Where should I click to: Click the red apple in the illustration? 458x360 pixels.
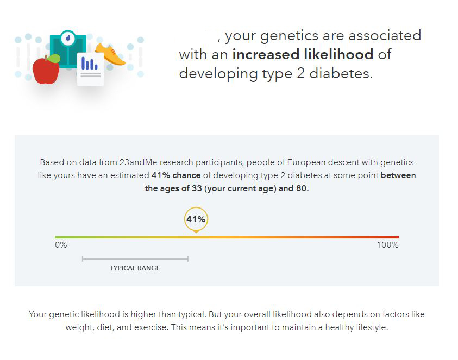point(46,71)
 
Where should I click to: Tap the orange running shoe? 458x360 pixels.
point(110,54)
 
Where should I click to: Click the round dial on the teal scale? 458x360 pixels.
point(68,38)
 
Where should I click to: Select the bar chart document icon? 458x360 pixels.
point(91,69)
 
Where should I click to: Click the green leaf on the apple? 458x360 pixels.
point(53,59)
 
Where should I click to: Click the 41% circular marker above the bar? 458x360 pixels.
point(196,219)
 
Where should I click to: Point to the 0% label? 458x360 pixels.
point(61,245)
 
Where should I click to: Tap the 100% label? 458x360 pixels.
point(387,245)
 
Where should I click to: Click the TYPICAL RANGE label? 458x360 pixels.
point(135,268)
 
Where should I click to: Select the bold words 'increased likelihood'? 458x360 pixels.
point(303,54)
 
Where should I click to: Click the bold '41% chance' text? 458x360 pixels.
point(176,175)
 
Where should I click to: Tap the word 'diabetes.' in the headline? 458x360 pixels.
point(341,73)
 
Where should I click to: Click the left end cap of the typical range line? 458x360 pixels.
point(83,258)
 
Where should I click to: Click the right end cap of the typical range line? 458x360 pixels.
point(188,258)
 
